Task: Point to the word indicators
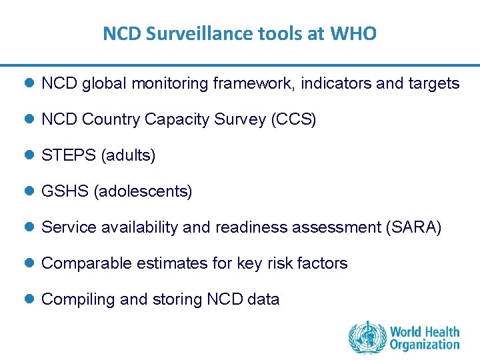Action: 338,83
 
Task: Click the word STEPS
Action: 69,155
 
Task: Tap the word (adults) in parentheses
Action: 128,155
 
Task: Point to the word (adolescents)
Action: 143,191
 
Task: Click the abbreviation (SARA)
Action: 413,227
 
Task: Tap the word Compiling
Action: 79,299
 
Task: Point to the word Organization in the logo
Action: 425,345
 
